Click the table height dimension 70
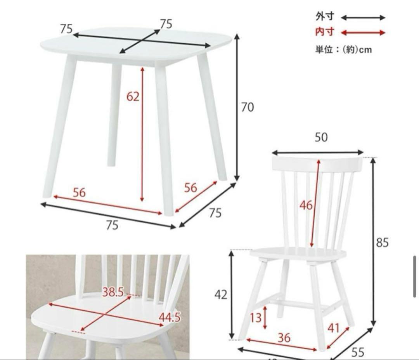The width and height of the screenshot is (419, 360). point(247,107)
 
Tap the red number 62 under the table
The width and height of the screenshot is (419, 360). point(133,96)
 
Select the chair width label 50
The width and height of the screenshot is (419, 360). point(321,137)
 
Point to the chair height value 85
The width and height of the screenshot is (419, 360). point(382,243)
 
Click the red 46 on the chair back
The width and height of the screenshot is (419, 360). point(306,205)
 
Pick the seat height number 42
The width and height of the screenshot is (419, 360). point(221,295)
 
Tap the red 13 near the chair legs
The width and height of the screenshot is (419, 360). point(256,318)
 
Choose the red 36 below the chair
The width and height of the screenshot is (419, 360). point(284,338)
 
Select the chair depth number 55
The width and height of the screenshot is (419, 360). point(358,352)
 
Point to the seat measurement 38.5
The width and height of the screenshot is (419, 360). point(113,292)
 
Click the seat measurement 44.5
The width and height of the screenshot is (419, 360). point(170,317)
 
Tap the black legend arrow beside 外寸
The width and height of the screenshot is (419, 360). point(363,17)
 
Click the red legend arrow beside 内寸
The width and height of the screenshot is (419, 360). point(363,33)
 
